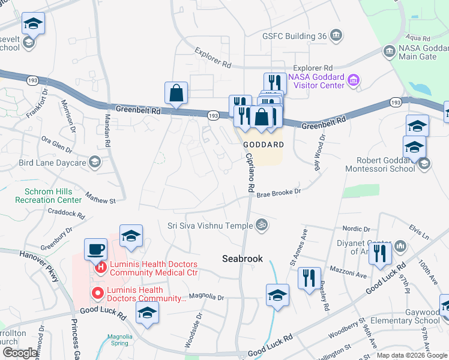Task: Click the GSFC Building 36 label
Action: tap(294, 36)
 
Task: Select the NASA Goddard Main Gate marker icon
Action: tap(390, 52)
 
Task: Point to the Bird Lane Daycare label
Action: tap(53, 162)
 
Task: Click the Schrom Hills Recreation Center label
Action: tap(53, 196)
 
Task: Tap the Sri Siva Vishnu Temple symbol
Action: tap(261, 226)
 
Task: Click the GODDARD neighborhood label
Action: tap(263, 145)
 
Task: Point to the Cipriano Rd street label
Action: tap(250, 171)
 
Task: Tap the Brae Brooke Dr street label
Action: tap(279, 192)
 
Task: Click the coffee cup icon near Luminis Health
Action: tap(95, 248)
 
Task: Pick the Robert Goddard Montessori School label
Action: tap(380, 164)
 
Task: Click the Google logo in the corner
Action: tap(20, 353)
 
